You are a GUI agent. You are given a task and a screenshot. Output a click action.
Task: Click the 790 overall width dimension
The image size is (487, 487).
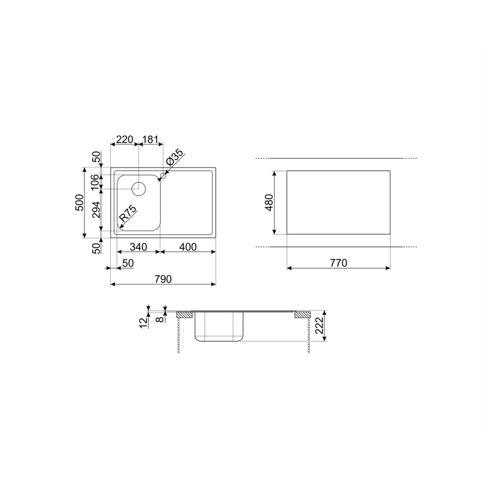[163, 279]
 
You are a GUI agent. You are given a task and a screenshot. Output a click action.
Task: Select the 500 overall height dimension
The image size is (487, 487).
[80, 203]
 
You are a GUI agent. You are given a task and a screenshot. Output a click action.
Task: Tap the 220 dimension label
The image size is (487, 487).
[124, 139]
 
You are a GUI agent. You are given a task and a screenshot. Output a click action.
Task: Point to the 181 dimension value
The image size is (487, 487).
[150, 139]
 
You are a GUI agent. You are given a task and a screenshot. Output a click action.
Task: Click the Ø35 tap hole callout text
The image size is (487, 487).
[175, 157]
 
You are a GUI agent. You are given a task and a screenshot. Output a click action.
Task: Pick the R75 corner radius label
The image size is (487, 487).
[128, 213]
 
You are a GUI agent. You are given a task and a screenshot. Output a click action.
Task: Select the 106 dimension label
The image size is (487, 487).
[96, 181]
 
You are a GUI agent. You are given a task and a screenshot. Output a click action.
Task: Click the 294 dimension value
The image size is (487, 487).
[96, 210]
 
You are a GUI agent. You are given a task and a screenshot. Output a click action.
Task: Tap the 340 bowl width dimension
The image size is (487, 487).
[138, 247]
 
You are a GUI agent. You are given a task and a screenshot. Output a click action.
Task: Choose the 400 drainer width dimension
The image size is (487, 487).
[188, 247]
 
